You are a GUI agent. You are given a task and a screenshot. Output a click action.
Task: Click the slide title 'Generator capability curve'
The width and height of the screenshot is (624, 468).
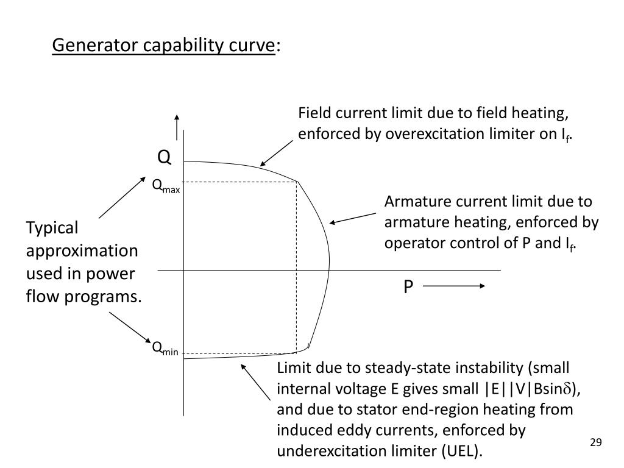coord(163,46)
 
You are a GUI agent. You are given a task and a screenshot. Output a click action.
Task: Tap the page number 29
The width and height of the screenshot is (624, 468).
coord(596,442)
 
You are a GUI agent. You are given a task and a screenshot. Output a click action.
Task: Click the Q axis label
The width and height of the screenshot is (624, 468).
coord(165,158)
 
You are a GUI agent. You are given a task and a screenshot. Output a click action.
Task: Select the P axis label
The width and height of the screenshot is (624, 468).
coord(408,286)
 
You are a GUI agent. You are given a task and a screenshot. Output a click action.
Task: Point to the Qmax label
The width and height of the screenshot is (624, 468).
coord(166,185)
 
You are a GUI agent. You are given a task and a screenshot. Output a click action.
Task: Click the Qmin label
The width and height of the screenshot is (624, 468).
coord(165,349)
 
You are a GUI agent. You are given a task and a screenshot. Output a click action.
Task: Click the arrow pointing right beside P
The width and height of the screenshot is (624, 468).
coord(454,286)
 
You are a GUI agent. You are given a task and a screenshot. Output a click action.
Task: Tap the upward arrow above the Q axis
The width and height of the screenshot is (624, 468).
coord(177,126)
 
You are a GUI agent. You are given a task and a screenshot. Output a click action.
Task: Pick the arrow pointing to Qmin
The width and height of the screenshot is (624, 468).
coord(130,327)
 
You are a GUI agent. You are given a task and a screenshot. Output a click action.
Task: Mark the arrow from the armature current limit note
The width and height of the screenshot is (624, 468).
coord(352,218)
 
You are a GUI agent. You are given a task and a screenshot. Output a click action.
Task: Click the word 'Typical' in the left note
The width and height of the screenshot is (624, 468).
coord(52,228)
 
